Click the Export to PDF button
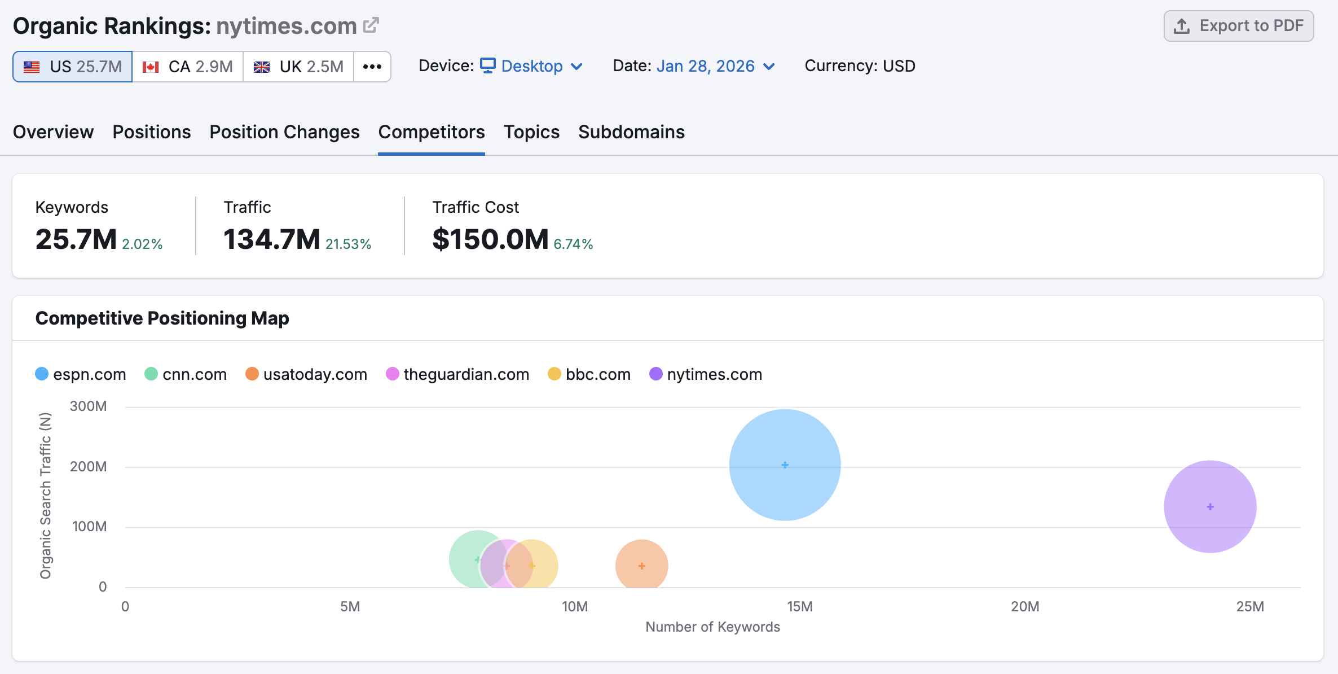pos(1238,26)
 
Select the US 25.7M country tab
pos(73,67)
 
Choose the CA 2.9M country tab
pos(187,67)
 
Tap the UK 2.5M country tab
pos(298,67)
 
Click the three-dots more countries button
pos(372,67)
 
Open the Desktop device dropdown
pos(531,66)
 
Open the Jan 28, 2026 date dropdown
pos(715,66)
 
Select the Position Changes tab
pos(284,132)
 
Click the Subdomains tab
pos(631,132)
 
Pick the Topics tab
pos(531,132)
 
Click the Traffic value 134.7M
pos(272,239)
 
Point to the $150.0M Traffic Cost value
pos(490,239)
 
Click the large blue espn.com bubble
pos(785,465)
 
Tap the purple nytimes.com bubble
pos(1210,506)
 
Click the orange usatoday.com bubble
pos(641,565)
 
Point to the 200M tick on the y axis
pos(89,466)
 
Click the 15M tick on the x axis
pos(799,606)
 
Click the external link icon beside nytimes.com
pos(371,25)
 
